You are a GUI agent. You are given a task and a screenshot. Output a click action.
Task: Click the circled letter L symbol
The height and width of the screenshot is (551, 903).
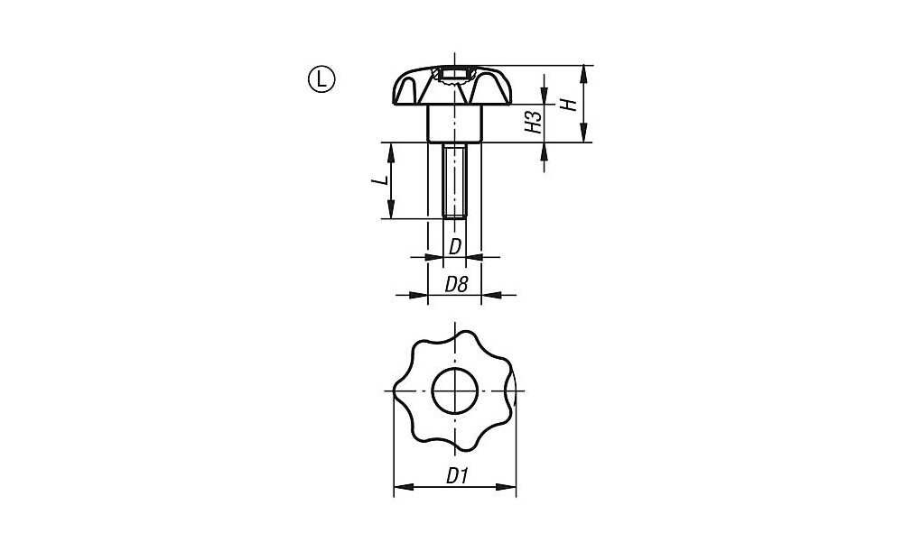point(321,79)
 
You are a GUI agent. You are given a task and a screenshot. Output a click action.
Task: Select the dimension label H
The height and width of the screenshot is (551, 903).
point(569,105)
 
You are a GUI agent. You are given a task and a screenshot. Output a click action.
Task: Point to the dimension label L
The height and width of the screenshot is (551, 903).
point(378,180)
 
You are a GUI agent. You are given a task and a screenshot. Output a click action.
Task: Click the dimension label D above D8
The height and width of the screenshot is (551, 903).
point(455,247)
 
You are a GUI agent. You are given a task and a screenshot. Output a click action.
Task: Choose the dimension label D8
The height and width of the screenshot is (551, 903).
point(456,284)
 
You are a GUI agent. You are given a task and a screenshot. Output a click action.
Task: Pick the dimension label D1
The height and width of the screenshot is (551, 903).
point(457,475)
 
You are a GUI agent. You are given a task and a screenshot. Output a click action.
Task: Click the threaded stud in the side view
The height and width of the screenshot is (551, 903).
point(454,179)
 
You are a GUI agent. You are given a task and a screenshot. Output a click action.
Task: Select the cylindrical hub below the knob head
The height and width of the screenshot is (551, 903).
point(454,123)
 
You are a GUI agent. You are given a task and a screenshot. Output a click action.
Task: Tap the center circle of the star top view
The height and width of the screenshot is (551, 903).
point(455,390)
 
